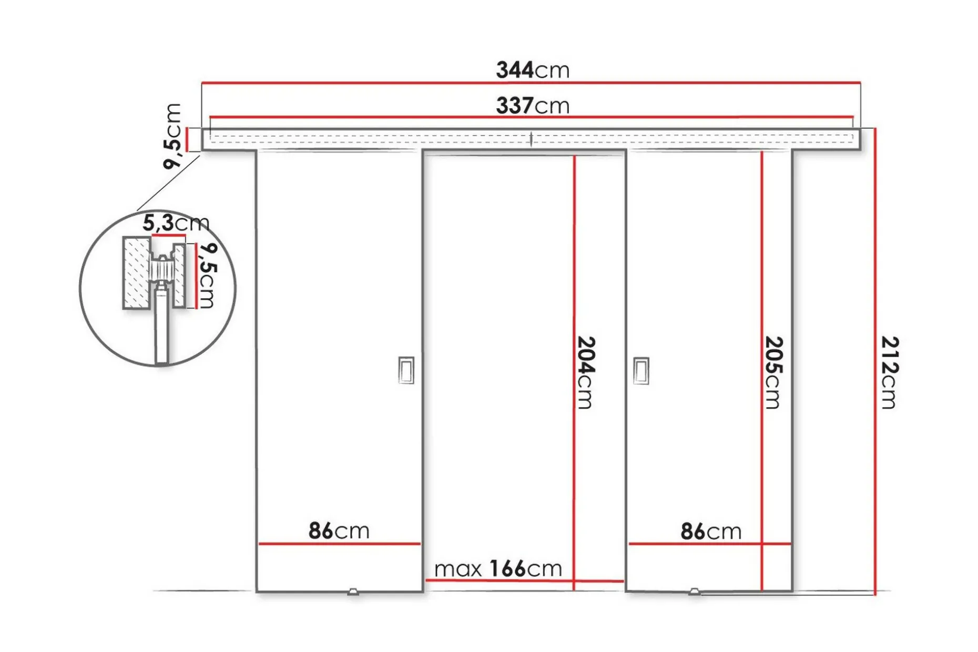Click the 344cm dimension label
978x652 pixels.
click(533, 70)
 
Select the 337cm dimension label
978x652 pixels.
click(533, 106)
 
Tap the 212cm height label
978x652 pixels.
click(889, 372)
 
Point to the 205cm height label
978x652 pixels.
click(773, 372)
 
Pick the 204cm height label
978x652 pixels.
click(586, 372)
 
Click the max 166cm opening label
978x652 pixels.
click(498, 568)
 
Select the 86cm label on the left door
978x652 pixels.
click(339, 531)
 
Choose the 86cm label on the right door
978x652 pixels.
click(711, 531)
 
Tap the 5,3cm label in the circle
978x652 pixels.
click(176, 223)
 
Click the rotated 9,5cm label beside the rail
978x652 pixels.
click(172, 136)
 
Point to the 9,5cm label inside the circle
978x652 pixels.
click(206, 276)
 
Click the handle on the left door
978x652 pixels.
click(406, 370)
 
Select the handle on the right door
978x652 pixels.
click(641, 370)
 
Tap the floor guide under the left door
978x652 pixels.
click(353, 592)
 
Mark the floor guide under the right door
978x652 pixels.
click(694, 592)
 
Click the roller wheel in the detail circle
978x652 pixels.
click(161, 270)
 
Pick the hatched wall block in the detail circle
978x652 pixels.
click(136, 272)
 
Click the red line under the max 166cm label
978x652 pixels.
click(524, 580)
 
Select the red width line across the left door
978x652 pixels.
click(340, 544)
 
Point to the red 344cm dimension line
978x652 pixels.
click(531, 83)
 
